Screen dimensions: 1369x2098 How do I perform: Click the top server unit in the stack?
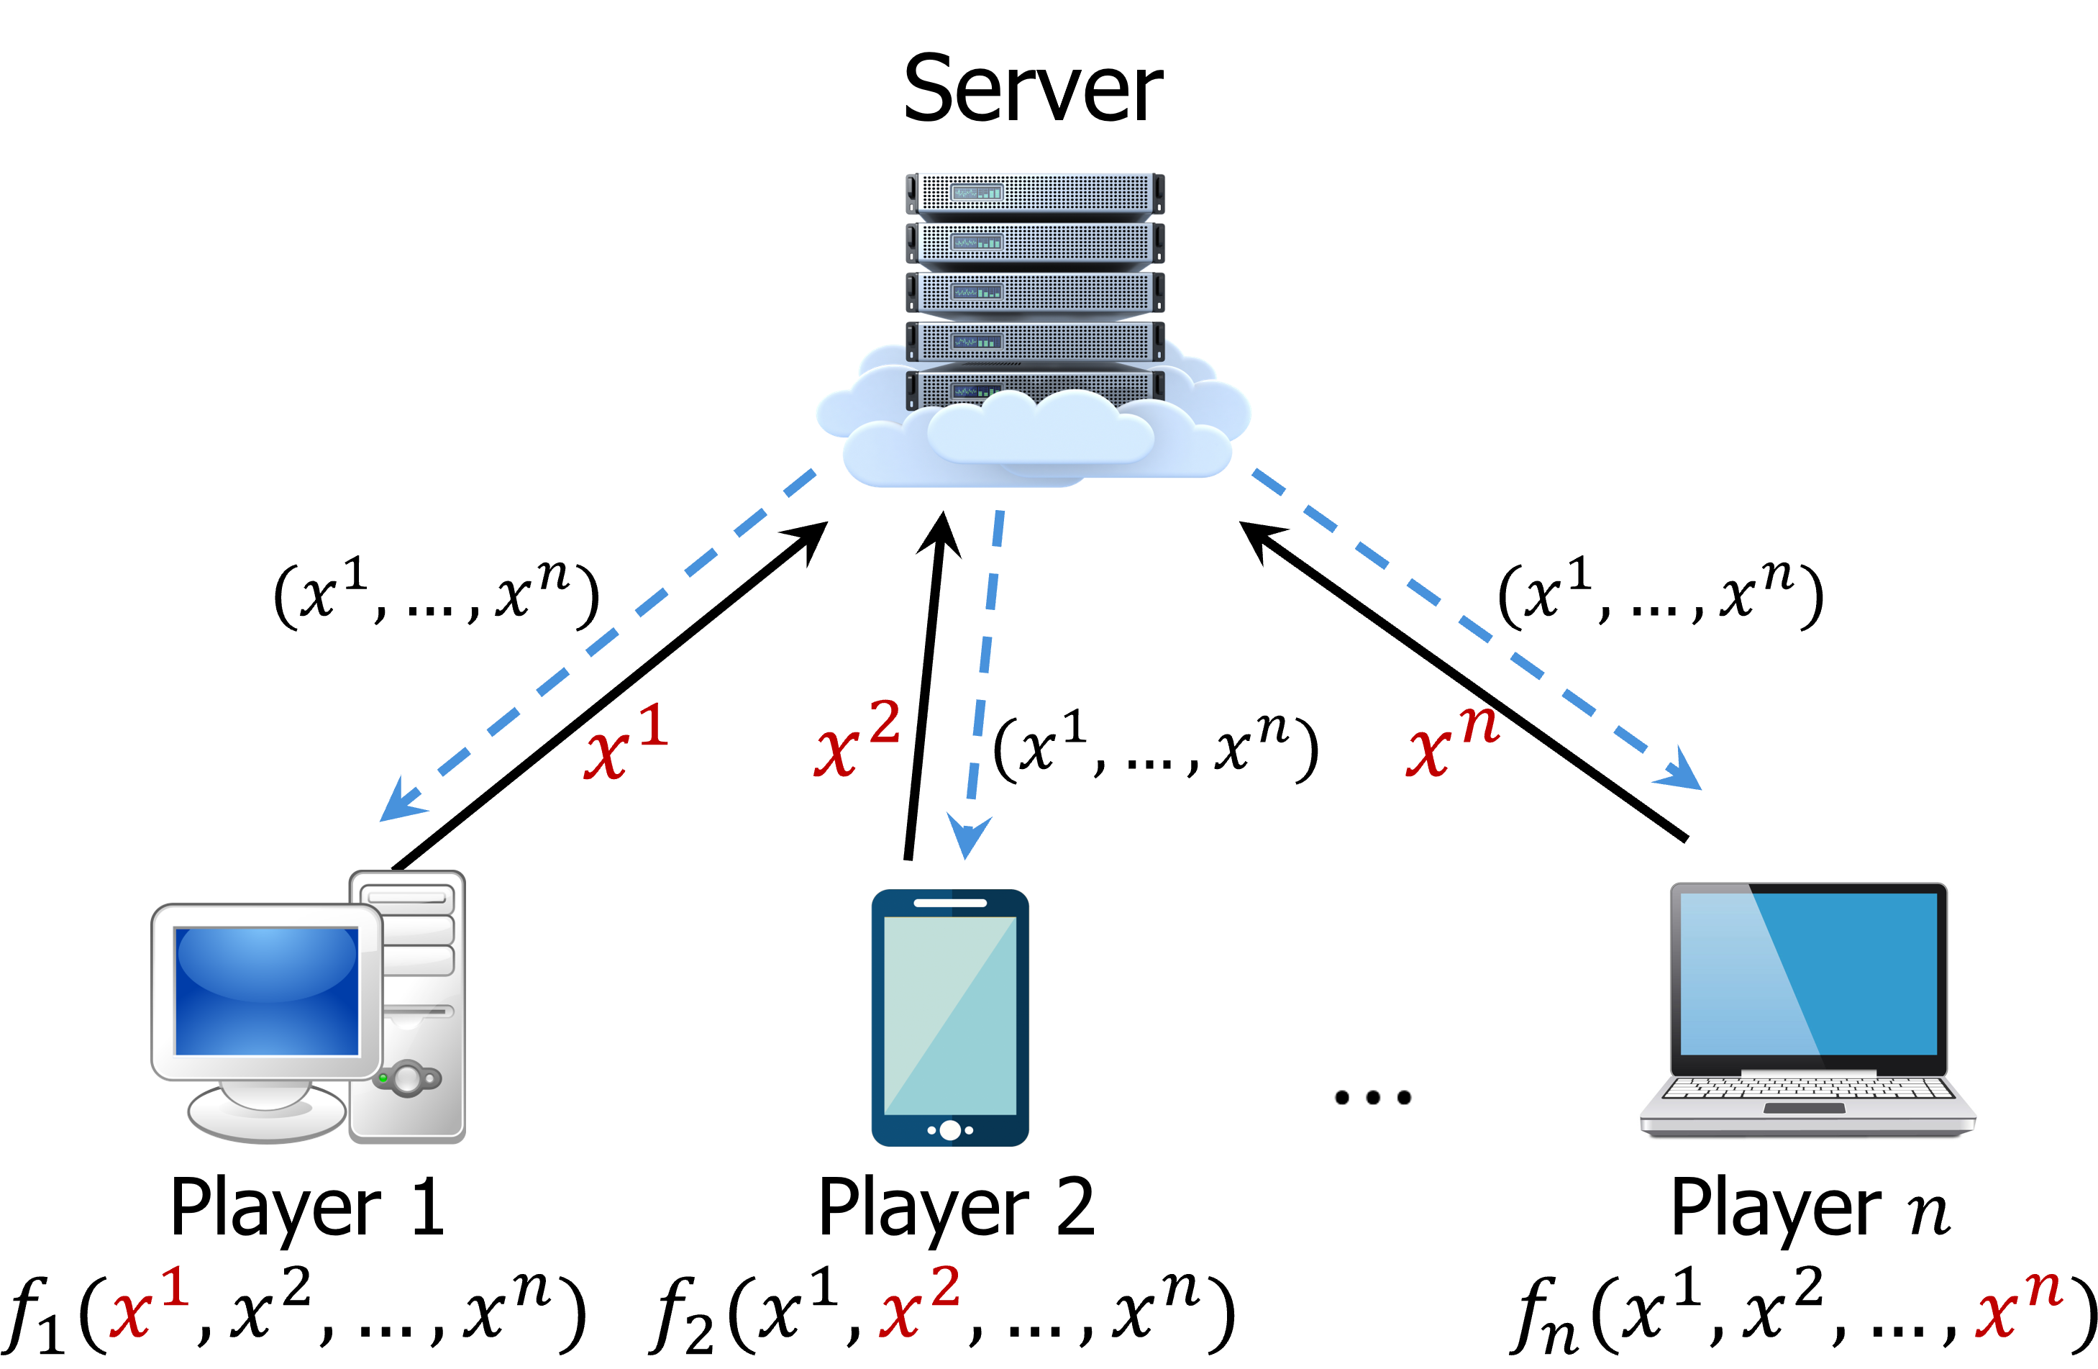[1035, 192]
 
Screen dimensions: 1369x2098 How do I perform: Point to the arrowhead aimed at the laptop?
[1682, 772]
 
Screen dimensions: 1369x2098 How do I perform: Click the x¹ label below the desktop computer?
[149, 1303]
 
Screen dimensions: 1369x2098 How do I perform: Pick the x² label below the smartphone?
[919, 1303]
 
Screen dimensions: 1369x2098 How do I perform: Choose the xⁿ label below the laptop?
[2019, 1305]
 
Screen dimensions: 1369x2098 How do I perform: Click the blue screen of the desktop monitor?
[266, 991]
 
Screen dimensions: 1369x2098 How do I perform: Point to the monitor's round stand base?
[266, 1116]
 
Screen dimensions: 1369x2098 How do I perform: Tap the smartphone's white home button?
[949, 1130]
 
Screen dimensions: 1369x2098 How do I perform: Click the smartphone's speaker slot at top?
[949, 903]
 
